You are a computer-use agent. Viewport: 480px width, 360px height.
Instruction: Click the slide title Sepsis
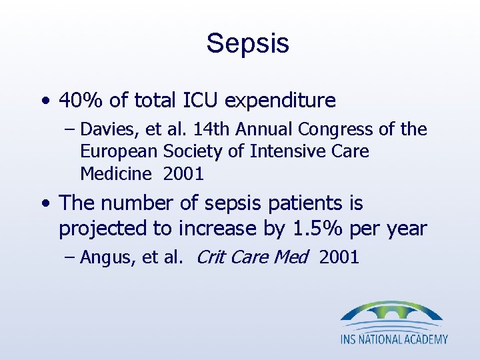[x=247, y=44]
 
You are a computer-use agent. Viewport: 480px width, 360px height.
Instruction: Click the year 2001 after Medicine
[x=183, y=175]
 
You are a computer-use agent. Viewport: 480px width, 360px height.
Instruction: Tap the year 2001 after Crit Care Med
[x=339, y=258]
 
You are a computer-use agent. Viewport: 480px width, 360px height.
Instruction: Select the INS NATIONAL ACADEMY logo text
[x=394, y=339]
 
